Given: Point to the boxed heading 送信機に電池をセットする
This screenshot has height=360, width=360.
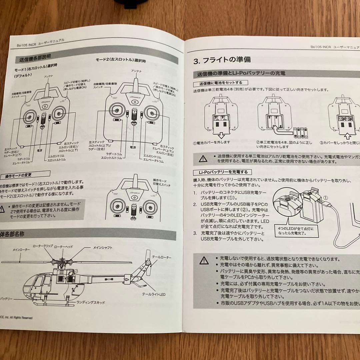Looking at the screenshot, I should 221,83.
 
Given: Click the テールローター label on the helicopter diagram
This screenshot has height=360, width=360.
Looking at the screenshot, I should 162,257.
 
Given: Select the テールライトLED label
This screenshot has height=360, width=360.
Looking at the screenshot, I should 154,294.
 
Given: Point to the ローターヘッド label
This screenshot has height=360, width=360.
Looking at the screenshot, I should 63,246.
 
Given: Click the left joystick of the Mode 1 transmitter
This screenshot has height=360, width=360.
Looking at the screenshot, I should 28,117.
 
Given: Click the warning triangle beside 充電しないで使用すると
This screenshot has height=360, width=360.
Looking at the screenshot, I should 204,261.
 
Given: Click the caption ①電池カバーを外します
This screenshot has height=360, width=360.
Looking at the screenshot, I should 211,142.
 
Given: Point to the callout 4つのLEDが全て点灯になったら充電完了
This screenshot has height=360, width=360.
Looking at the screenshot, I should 296,231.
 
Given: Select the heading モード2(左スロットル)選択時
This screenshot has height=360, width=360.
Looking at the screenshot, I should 121,61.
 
